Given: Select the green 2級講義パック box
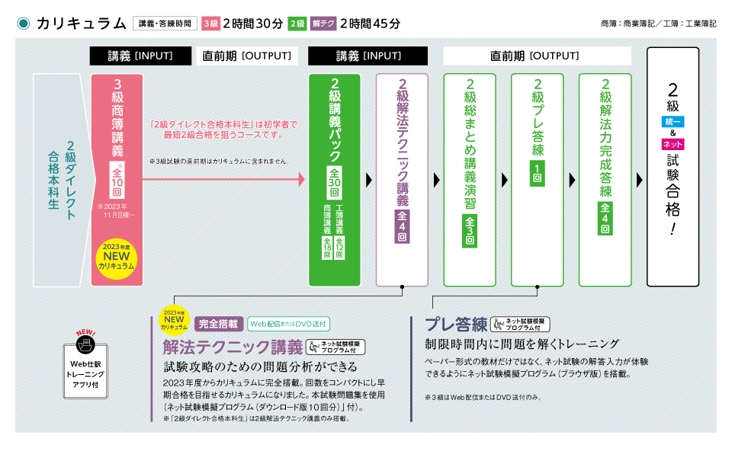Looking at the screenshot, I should (335, 180).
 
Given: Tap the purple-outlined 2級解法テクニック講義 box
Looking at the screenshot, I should (402, 180).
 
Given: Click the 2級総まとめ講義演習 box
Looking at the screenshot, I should (470, 180).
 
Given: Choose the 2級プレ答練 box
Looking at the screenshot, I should (537, 180).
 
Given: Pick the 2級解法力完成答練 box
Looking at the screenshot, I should (605, 180).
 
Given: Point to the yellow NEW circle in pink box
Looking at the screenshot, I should (117, 259).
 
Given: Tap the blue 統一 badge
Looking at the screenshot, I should (673, 122).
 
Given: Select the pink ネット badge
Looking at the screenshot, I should (673, 145).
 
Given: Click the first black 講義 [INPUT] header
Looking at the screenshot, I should (140, 56).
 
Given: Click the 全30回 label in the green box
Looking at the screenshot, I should (335, 184).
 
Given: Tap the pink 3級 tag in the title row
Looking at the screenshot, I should (210, 24).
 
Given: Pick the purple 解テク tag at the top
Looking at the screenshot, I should (323, 24).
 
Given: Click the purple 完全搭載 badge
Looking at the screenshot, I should (219, 324).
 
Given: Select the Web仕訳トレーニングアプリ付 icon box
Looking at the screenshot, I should (85, 369).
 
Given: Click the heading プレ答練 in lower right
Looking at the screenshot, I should (455, 324).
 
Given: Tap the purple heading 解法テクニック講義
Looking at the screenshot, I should (233, 347).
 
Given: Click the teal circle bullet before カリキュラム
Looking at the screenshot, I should (23, 24).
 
